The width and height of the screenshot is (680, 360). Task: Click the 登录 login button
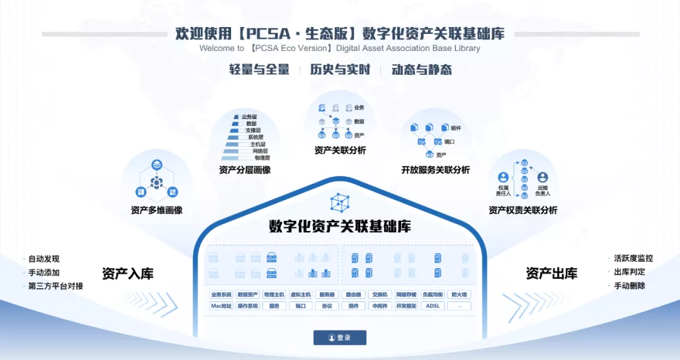(x=340, y=338)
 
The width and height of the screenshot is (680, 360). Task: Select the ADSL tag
(x=433, y=306)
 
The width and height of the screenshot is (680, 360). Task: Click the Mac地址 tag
(x=221, y=306)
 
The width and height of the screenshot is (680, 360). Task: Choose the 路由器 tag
(x=353, y=295)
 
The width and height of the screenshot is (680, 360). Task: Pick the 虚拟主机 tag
(x=300, y=295)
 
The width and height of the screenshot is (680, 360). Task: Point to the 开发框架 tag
(x=406, y=306)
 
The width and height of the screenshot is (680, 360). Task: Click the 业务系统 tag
(x=221, y=295)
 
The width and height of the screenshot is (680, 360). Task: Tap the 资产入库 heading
(x=128, y=274)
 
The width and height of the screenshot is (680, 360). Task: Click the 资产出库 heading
(x=552, y=274)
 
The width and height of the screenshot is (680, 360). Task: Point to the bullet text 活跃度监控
(x=633, y=259)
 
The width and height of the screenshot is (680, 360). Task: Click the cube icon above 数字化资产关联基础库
(x=340, y=202)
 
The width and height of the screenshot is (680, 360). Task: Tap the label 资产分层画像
(x=245, y=170)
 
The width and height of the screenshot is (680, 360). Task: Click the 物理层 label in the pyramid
(x=262, y=158)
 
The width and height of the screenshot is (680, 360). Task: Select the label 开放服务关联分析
(x=435, y=170)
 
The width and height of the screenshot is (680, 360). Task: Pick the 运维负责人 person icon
(x=542, y=178)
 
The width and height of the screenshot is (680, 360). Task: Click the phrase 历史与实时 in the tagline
(x=340, y=70)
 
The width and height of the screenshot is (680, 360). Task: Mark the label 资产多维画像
(x=157, y=210)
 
